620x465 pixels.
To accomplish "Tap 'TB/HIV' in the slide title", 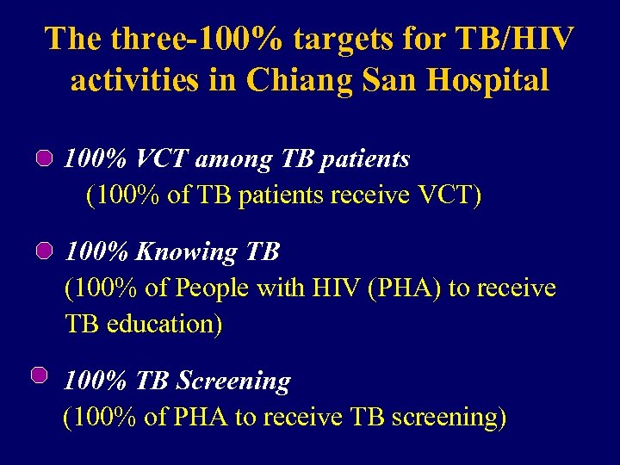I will (518, 39).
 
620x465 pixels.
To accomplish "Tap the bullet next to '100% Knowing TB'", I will (46, 251).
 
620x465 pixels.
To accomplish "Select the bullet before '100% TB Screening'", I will (39, 375).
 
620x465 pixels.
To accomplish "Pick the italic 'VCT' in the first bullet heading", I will (164, 159).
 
